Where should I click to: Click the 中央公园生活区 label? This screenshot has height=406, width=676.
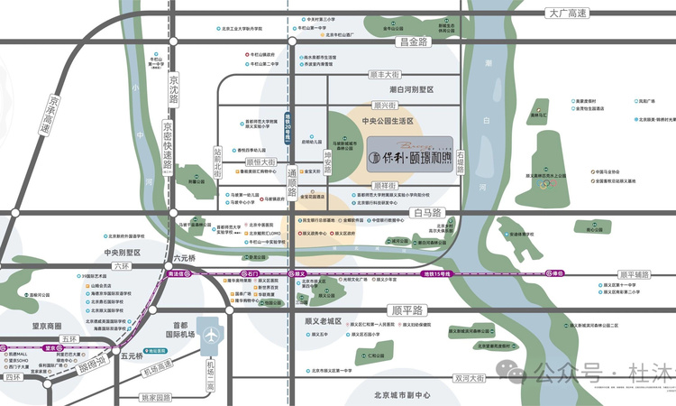(387, 120)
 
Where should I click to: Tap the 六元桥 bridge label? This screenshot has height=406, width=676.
(182, 256)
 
